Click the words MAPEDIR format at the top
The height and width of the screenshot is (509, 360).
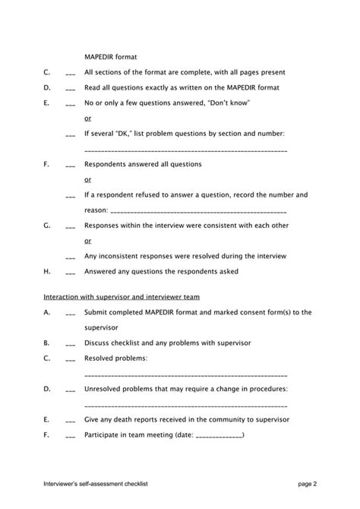click(110, 56)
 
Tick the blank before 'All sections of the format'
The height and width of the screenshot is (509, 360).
click(70, 74)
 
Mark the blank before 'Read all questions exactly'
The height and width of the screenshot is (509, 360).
click(70, 88)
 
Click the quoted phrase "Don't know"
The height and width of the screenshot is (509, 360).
click(229, 102)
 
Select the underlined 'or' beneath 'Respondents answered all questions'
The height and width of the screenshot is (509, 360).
click(88, 180)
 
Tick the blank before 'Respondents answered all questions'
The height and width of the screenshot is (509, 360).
click(70, 165)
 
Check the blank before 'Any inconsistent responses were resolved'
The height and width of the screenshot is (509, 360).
click(70, 257)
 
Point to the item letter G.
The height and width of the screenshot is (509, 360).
click(47, 226)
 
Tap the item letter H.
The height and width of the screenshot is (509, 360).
click(47, 271)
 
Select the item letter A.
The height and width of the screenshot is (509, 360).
click(47, 311)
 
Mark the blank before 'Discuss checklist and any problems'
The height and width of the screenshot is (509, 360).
click(70, 343)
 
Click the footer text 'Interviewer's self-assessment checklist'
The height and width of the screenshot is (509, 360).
click(95, 483)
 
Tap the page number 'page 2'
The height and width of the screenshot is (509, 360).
click(307, 483)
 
